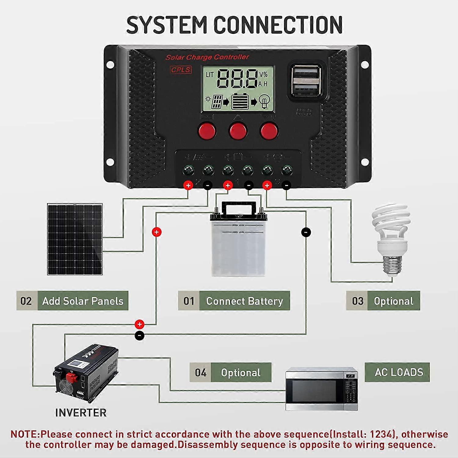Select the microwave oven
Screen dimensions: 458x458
322,389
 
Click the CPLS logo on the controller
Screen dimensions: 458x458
181,70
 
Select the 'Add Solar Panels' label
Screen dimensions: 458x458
83,301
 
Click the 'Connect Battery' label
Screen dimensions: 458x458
244,301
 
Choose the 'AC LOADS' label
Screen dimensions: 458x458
398,372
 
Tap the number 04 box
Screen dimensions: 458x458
201,373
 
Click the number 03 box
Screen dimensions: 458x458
357,301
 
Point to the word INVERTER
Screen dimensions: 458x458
81,413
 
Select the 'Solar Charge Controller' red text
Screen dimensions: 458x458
207,57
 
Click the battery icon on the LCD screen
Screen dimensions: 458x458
240,102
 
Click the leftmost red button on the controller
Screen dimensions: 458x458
207,131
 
